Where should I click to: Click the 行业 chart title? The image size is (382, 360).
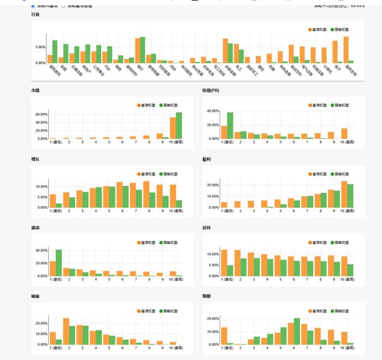click(x=35, y=14)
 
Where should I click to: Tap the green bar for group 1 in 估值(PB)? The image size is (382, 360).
click(x=230, y=126)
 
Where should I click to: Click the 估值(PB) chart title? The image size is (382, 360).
click(x=211, y=90)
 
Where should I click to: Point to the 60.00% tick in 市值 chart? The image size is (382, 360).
click(x=41, y=114)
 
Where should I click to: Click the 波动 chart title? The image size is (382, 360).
click(x=35, y=228)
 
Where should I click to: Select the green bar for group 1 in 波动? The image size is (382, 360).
click(x=59, y=263)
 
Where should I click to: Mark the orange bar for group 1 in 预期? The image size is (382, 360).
click(x=224, y=336)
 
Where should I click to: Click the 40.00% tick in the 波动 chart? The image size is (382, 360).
click(x=41, y=250)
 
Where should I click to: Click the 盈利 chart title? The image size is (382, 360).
click(x=207, y=159)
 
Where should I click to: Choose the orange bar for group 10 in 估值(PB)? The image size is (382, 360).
click(x=344, y=133)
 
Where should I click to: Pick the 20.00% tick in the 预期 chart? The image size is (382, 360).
click(x=212, y=323)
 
